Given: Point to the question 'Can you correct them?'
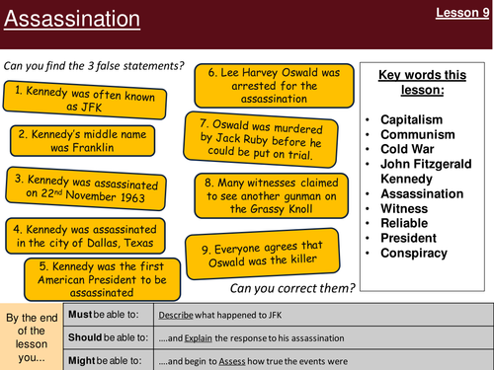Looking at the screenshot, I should point(291,288).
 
